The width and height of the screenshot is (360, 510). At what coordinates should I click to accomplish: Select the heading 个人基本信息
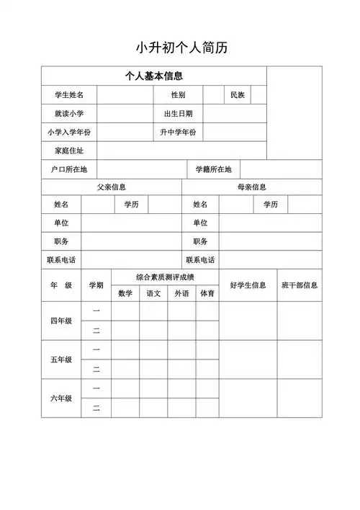(x=153, y=76)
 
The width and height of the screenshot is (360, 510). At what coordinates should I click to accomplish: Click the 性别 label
(x=178, y=95)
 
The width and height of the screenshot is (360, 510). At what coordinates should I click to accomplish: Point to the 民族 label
(x=238, y=95)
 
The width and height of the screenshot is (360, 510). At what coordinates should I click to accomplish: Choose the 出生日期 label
(x=178, y=114)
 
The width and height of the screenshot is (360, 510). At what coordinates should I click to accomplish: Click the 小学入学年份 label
(x=68, y=133)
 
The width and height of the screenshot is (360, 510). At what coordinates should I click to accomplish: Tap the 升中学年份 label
(x=178, y=133)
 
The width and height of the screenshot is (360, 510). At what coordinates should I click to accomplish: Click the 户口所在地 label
(x=68, y=170)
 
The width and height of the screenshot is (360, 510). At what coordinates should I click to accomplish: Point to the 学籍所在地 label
(x=213, y=170)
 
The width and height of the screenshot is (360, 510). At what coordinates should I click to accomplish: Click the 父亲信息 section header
(x=112, y=187)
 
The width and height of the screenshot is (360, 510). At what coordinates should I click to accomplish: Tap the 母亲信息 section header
(x=252, y=187)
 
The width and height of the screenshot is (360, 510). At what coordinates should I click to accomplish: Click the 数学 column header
(x=125, y=294)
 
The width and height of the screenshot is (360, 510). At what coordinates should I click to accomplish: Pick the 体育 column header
(x=207, y=294)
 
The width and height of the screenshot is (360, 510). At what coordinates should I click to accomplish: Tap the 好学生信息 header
(x=248, y=285)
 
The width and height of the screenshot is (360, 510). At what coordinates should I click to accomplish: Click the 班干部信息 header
(x=300, y=285)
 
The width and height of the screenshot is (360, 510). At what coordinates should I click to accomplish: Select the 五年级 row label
(x=60, y=359)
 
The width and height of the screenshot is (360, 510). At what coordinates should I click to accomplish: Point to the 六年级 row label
(x=60, y=398)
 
